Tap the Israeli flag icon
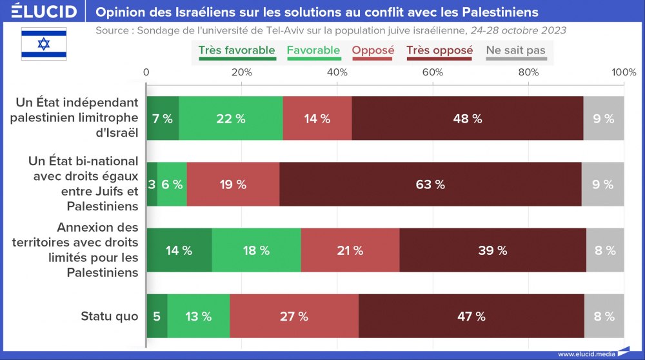pos(44,44)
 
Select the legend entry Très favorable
pos(236,50)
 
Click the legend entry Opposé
pos(373,50)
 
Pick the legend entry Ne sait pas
pos(515,50)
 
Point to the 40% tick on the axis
pos(337,72)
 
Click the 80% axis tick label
pos(528,72)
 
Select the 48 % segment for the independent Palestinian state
pos(468,119)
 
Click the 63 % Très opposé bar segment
pos(430,185)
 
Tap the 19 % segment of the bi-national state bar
pos(233,185)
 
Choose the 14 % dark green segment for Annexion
pos(179,250)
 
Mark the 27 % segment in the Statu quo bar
pos(294,316)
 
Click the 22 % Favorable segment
pos(231,119)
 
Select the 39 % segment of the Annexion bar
pos(493,250)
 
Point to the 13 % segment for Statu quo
pos(198,316)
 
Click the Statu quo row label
pos(110,316)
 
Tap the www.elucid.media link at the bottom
pos(585,354)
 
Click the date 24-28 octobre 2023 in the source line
pos(519,30)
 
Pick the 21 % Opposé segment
pos(350,250)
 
